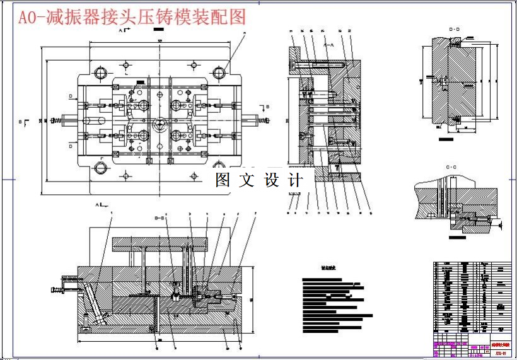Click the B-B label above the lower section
(x=160, y=218)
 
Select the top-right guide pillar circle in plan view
(x=219, y=73)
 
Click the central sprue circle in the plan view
(x=158, y=120)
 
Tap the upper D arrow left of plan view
(x=73, y=96)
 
